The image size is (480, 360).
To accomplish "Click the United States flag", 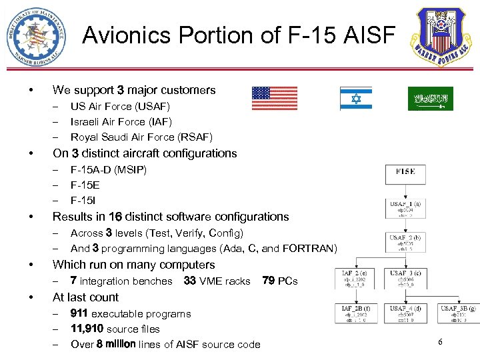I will tap(275, 99).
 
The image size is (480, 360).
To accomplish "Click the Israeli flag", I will tap(355, 99).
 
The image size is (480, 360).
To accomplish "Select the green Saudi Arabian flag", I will tap(430, 99).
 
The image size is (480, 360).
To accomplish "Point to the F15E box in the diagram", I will tap(405, 174).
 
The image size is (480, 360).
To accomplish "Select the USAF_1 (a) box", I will tap(405, 207).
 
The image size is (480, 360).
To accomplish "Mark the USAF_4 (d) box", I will tap(405, 313).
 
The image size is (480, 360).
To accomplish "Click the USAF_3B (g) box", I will tap(457, 313).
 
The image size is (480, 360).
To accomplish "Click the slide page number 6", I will tap(441, 342).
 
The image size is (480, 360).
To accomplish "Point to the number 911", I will tap(79, 313).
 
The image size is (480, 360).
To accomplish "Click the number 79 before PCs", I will tap(269, 281).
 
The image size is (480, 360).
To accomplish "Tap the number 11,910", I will tap(87, 329).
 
